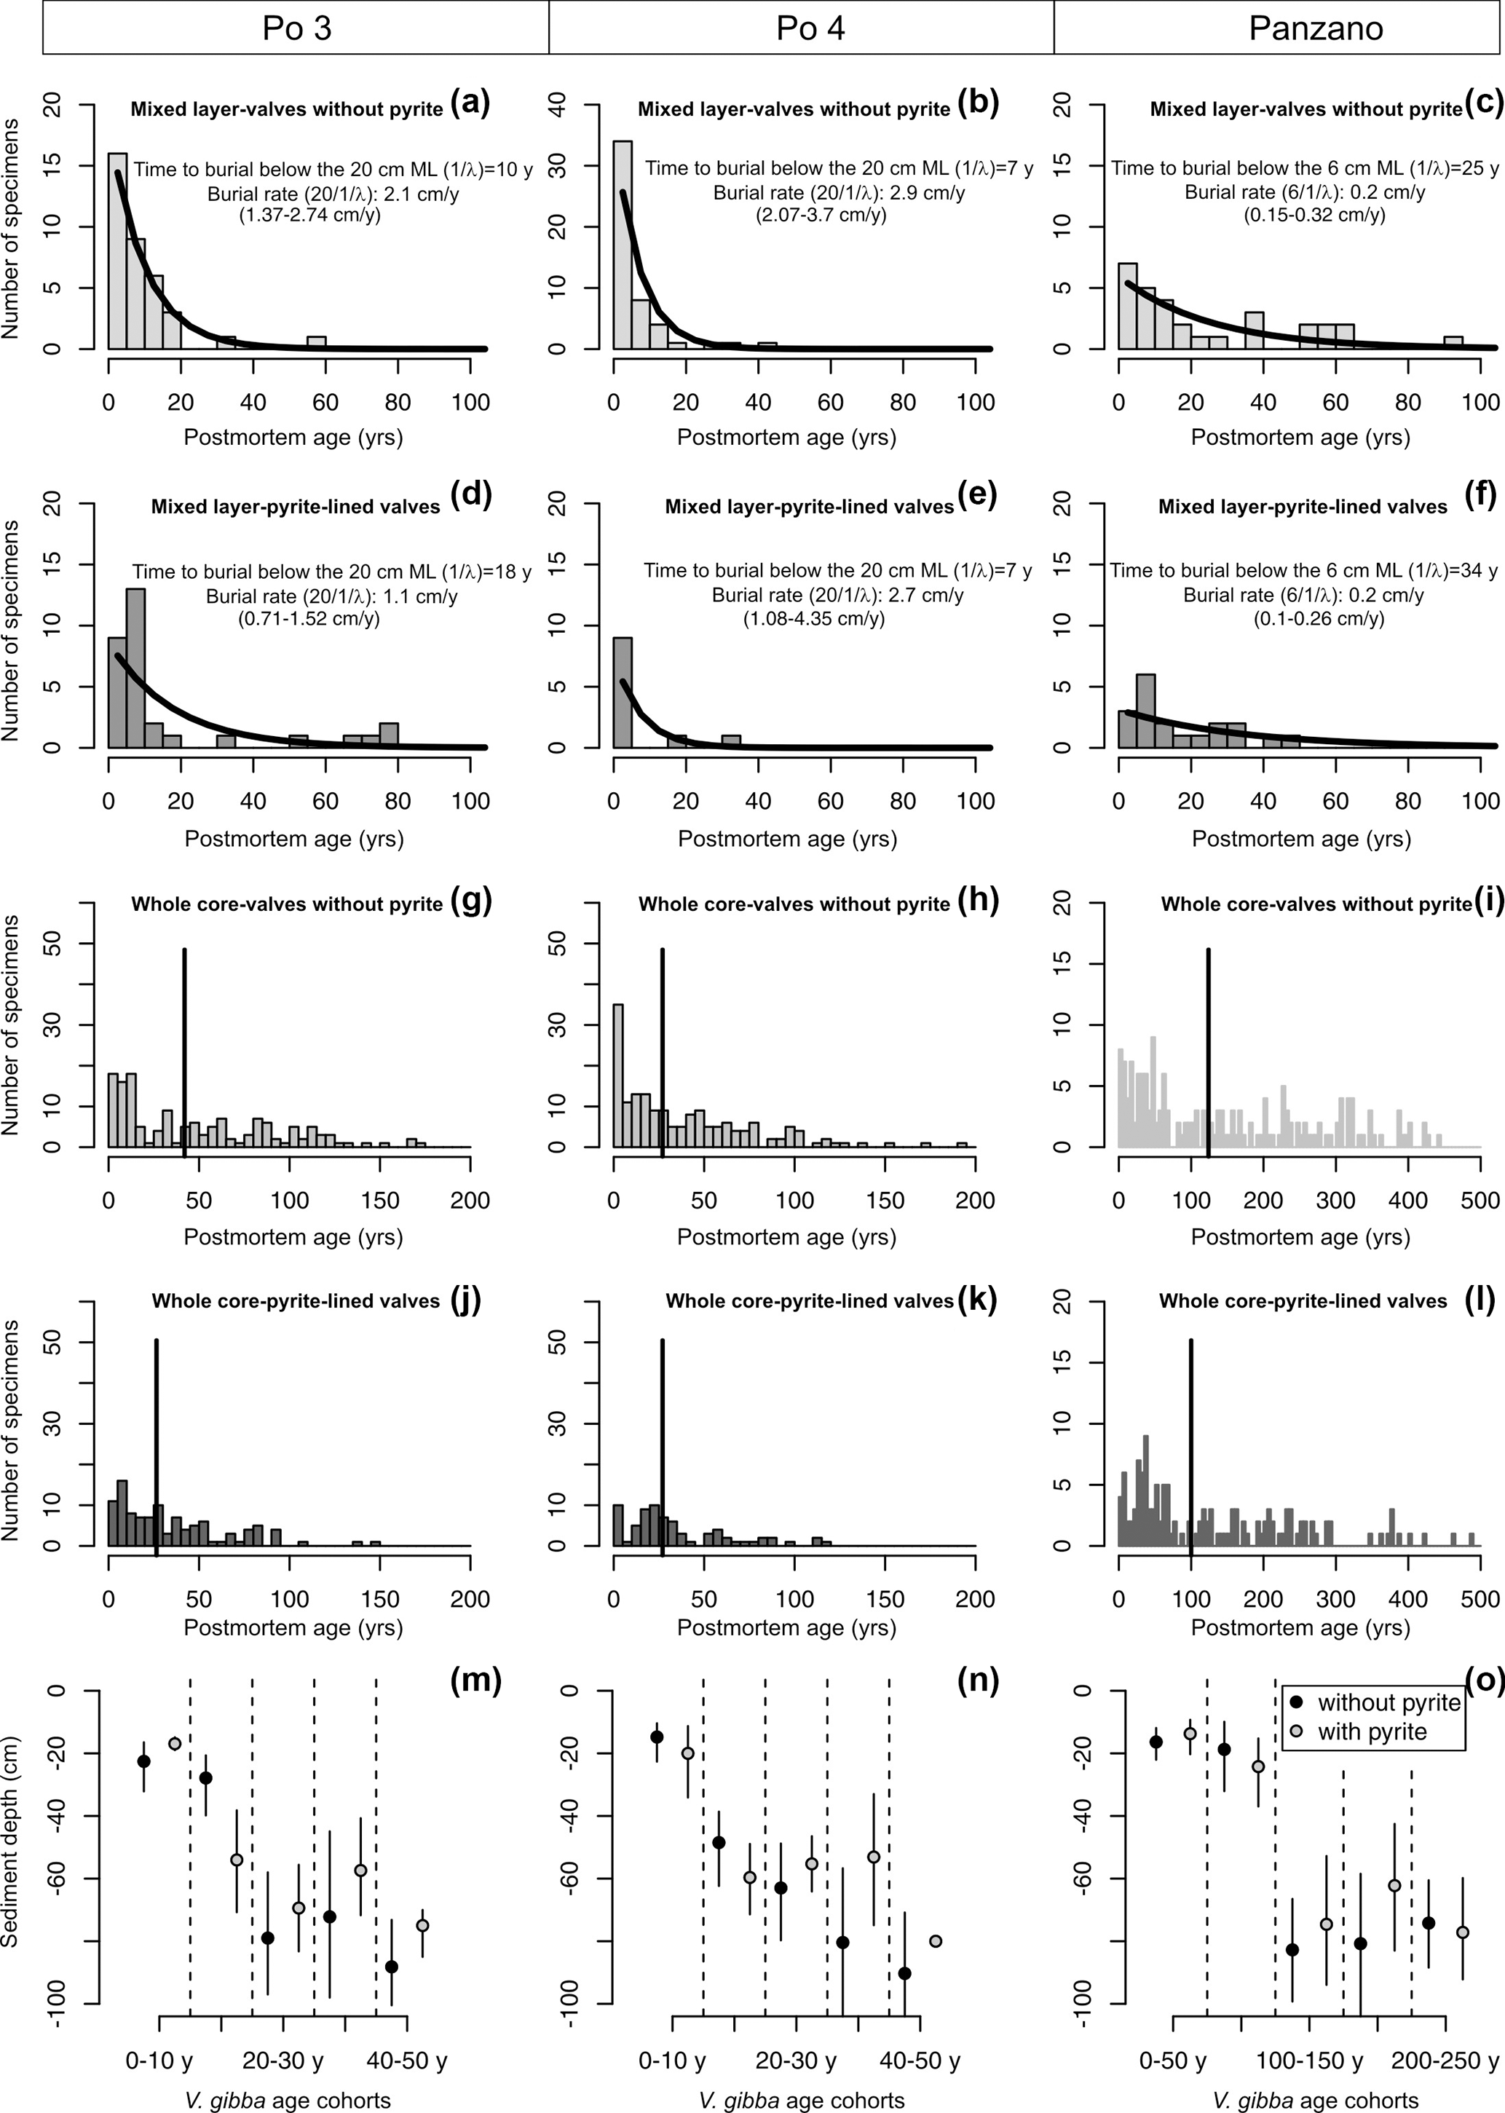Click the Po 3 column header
(296, 28)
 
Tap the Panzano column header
(1315, 28)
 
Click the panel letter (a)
(470, 103)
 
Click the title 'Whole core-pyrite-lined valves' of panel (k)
(809, 1301)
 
